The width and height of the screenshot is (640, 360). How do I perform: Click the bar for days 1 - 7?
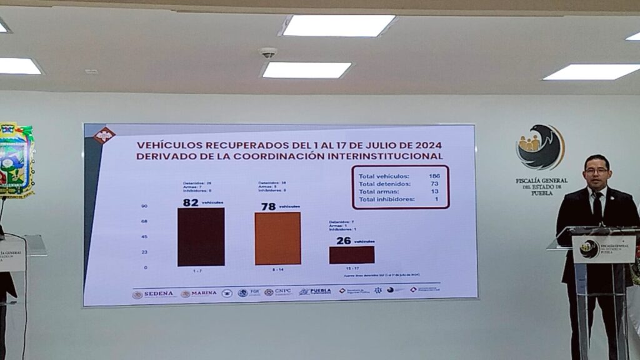(201, 237)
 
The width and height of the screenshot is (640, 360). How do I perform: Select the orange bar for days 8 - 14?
(277, 238)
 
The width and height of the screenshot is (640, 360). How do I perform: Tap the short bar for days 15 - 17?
(352, 255)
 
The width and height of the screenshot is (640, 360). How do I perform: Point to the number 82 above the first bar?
(191, 202)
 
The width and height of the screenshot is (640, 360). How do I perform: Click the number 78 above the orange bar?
(268, 206)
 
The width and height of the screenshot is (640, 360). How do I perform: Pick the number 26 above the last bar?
(343, 241)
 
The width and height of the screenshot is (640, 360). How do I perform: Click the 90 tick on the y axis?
(144, 206)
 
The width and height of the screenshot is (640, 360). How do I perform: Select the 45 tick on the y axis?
(144, 237)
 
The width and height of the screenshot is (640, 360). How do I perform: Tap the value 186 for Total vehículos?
(434, 176)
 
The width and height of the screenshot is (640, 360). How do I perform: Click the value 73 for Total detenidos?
(434, 184)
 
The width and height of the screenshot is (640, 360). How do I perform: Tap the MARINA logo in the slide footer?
(199, 293)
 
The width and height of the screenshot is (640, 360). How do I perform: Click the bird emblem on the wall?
(541, 148)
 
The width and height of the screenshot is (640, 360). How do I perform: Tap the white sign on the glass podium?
(603, 249)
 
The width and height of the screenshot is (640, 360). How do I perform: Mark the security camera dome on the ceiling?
(268, 52)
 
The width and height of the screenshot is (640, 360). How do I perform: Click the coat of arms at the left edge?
(16, 159)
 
